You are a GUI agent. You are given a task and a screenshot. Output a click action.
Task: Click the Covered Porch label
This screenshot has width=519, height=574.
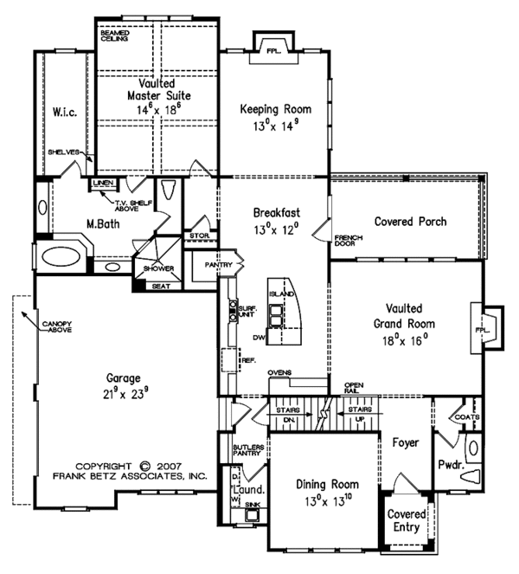click(410, 222)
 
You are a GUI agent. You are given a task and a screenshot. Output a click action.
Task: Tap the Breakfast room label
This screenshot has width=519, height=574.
click(276, 212)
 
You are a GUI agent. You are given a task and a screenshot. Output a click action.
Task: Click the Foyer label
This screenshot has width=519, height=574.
click(405, 442)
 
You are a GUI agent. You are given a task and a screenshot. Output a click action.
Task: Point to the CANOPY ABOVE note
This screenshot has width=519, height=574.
click(54, 327)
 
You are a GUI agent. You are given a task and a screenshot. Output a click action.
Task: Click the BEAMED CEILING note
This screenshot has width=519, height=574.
click(115, 36)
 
